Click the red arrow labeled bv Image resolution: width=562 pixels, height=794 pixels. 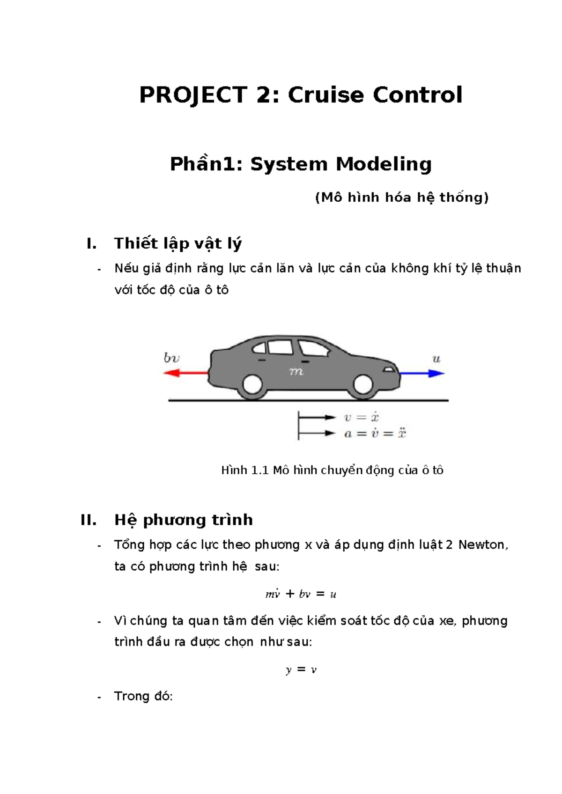(185, 373)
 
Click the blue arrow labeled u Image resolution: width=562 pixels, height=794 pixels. (421, 373)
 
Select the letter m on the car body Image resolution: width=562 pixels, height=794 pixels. (296, 371)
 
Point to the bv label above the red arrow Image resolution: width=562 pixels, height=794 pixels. (171, 358)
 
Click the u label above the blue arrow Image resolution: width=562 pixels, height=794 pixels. (436, 359)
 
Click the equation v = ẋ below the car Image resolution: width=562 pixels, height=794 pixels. (361, 417)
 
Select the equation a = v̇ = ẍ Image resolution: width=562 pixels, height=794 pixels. (375, 433)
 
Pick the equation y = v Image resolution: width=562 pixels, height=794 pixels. (301, 669)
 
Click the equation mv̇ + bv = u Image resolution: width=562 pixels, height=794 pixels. (301, 594)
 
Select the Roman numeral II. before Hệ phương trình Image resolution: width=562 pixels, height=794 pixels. (89, 520)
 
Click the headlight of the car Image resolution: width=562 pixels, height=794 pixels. (389, 369)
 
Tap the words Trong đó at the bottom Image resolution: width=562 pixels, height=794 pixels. (143, 696)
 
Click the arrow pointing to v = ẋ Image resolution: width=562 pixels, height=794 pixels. (317, 417)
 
